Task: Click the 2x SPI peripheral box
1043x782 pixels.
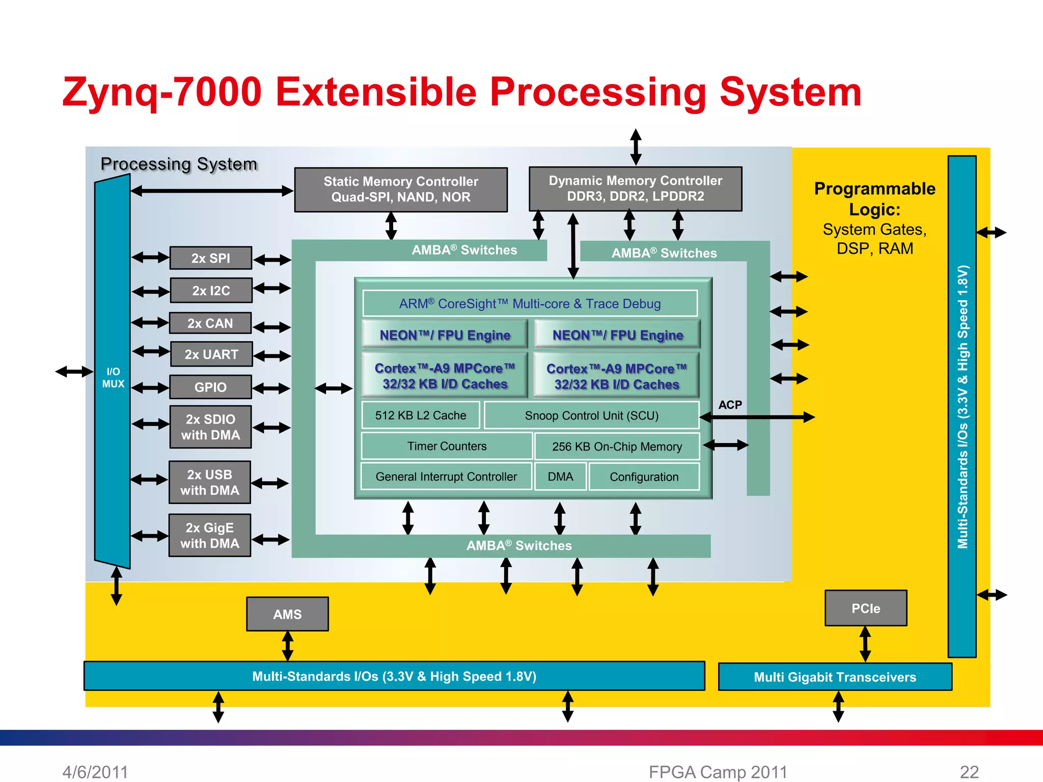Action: click(x=210, y=258)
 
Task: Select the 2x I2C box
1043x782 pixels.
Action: click(x=211, y=290)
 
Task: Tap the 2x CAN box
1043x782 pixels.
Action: click(x=210, y=323)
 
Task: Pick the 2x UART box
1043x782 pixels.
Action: click(x=211, y=354)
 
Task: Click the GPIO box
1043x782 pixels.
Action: click(x=210, y=387)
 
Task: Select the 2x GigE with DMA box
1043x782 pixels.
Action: click(x=209, y=535)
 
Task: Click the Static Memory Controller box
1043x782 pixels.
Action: click(x=401, y=189)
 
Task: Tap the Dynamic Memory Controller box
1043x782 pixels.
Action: click(x=635, y=188)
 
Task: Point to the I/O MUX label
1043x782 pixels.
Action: click(x=113, y=378)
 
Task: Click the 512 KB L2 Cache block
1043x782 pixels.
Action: click(x=421, y=415)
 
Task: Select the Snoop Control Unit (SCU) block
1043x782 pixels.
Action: click(x=591, y=415)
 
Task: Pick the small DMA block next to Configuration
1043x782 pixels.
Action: click(x=560, y=477)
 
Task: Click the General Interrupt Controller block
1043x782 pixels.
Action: click(x=446, y=477)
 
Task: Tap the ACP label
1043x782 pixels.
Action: click(x=730, y=405)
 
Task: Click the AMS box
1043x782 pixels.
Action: click(x=287, y=614)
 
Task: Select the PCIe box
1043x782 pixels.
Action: click(x=865, y=608)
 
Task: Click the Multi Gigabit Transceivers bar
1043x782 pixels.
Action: click(x=835, y=677)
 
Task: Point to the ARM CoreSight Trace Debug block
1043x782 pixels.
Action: click(x=530, y=303)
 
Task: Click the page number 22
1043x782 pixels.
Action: click(x=969, y=772)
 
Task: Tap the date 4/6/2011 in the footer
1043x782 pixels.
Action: click(x=95, y=772)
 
